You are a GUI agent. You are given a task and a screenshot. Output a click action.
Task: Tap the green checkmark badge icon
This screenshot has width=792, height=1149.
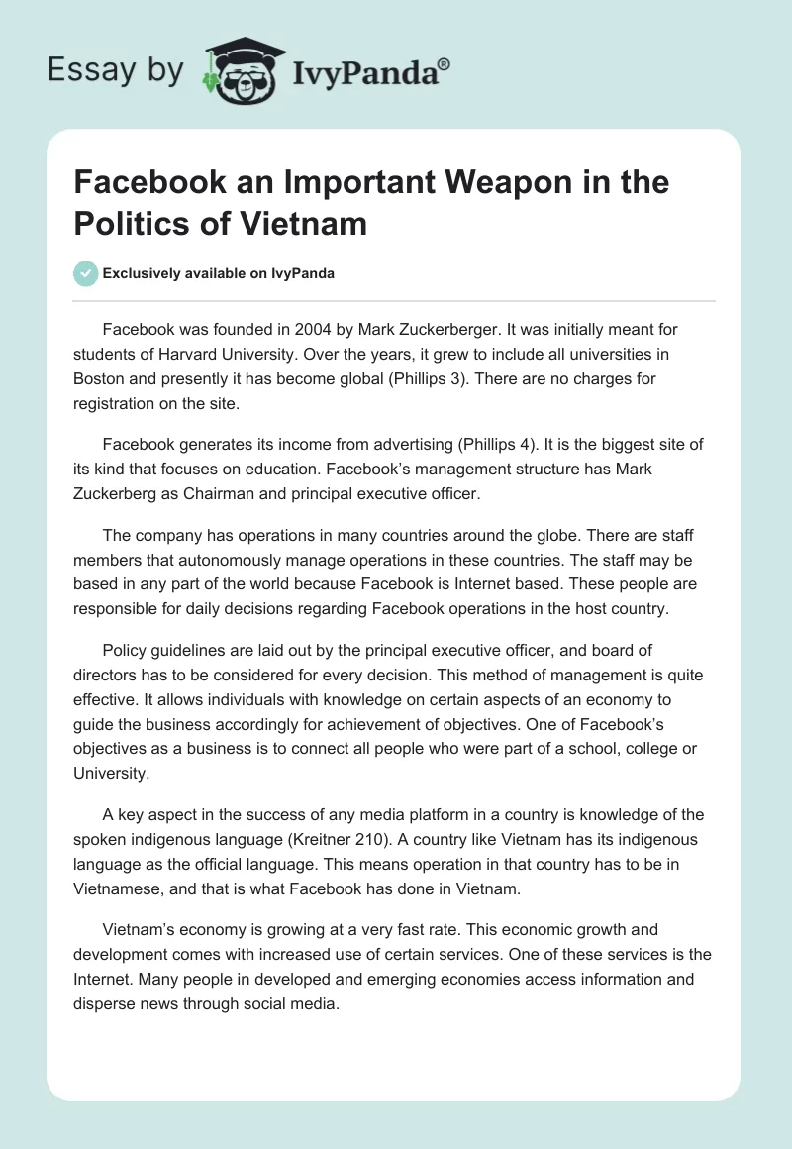87,273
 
